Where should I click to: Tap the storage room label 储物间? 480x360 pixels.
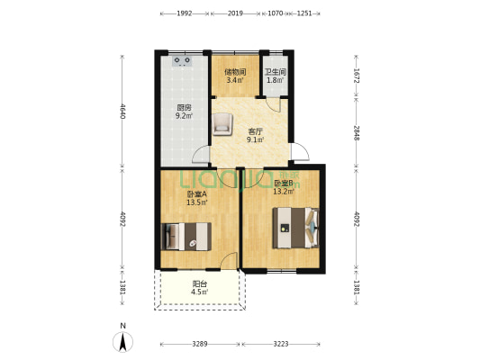(x=234, y=71)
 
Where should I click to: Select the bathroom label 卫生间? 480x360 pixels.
(x=275, y=71)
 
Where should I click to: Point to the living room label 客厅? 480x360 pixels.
(x=256, y=130)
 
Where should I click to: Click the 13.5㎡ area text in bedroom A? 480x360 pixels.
(x=196, y=202)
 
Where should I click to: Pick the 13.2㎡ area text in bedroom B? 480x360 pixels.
(x=285, y=192)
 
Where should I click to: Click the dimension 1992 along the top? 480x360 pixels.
(x=185, y=14)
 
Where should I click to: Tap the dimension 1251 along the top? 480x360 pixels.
(x=304, y=14)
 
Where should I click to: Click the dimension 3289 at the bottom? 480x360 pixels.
(x=200, y=344)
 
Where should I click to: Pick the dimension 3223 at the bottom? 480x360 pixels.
(x=282, y=344)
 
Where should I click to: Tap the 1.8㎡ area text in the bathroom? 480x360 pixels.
(x=275, y=80)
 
